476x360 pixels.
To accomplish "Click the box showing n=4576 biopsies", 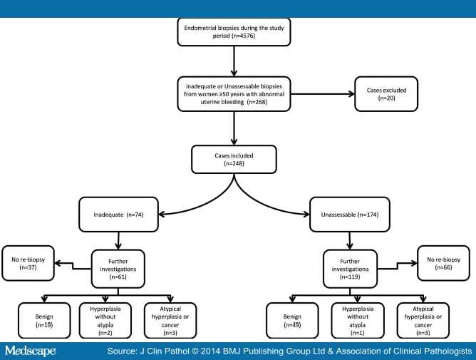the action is [234, 32].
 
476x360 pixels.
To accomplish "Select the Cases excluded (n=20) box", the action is [386, 94].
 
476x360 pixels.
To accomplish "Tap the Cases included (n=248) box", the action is [234, 160].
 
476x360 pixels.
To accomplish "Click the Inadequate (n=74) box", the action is [118, 215].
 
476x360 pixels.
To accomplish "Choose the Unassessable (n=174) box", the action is [350, 215].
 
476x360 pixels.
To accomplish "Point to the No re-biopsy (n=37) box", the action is [28, 263].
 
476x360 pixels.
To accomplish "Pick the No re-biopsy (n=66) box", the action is [443, 263].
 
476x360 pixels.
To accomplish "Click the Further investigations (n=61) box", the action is [118, 269].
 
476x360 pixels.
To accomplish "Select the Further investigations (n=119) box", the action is [350, 269].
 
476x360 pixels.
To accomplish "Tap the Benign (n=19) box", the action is [44, 321].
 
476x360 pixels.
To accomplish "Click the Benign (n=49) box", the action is [292, 321].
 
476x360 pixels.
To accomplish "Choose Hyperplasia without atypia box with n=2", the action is [105, 321].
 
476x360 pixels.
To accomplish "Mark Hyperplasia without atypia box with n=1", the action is [358, 321].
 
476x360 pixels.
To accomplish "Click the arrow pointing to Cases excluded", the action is [322, 94].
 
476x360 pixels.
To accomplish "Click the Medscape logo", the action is [30, 351].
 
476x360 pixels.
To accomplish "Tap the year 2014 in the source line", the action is [210, 351].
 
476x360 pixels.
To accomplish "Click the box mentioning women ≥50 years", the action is [234, 94].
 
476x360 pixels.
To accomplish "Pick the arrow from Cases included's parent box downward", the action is [234, 128].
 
